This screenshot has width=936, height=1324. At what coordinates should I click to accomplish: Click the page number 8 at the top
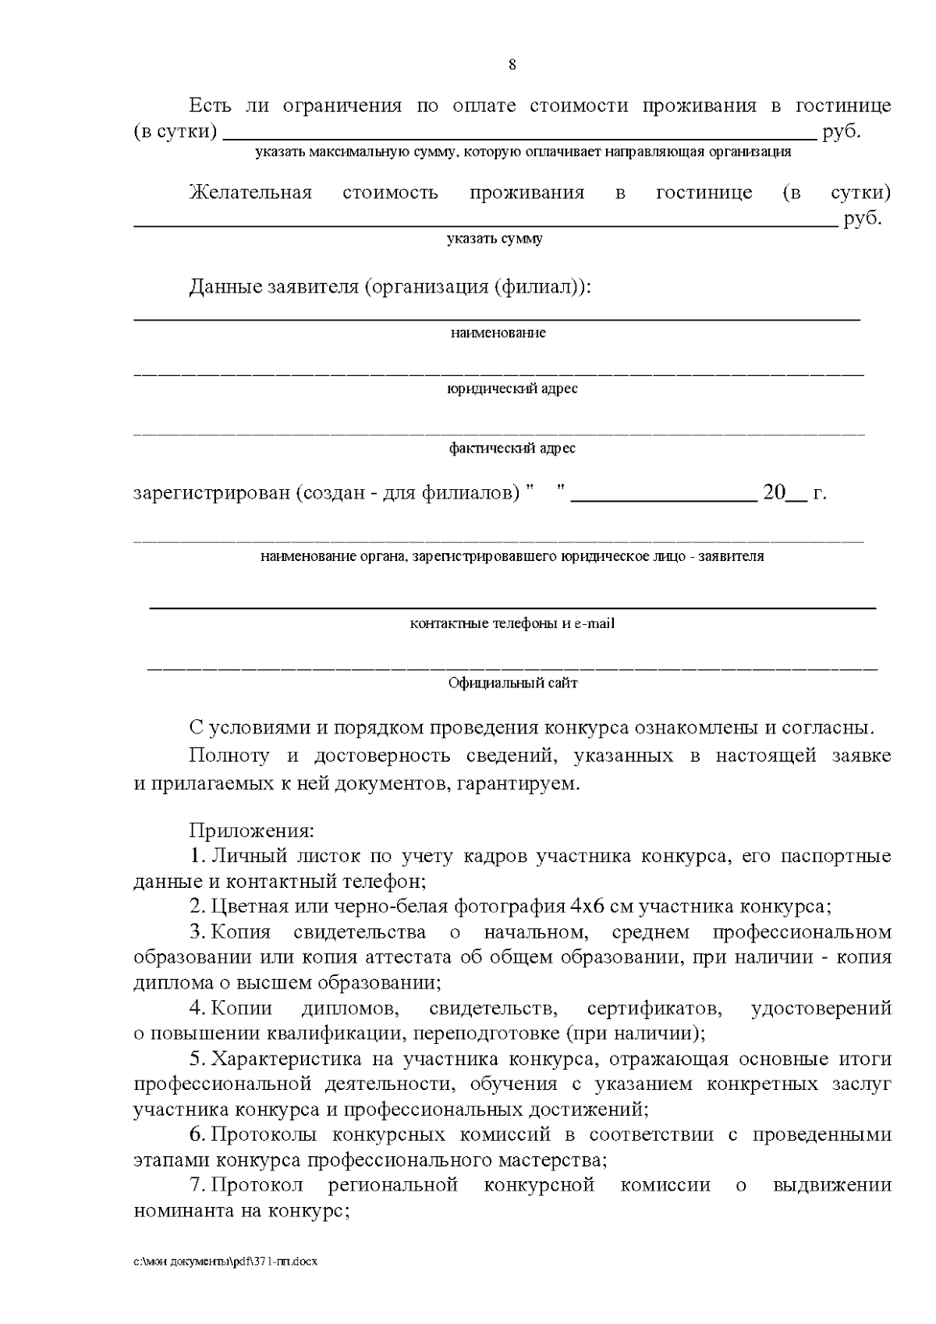(x=512, y=65)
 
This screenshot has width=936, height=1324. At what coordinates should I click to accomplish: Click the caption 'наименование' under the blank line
(x=498, y=333)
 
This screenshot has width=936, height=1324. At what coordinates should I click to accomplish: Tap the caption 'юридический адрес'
(x=512, y=389)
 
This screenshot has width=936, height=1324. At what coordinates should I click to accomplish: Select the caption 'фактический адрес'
(x=512, y=449)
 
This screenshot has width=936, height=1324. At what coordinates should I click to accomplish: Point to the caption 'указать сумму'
(x=495, y=239)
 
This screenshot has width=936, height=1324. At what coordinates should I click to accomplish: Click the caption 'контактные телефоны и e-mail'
(x=512, y=624)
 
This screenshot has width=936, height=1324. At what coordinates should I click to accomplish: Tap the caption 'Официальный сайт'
(x=512, y=683)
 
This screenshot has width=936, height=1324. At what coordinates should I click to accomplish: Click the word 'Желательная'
(x=250, y=193)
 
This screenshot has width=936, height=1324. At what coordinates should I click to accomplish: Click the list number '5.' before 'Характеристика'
(x=198, y=1060)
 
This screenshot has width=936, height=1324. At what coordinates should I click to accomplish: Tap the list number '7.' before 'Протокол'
(x=198, y=1186)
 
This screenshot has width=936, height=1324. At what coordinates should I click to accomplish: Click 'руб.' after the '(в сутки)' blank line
(x=842, y=132)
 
